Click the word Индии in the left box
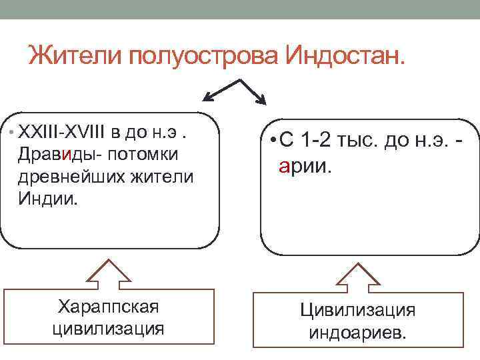pos(48,199)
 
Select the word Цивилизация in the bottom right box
pos(357,309)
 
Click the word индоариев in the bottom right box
pos(357,331)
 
